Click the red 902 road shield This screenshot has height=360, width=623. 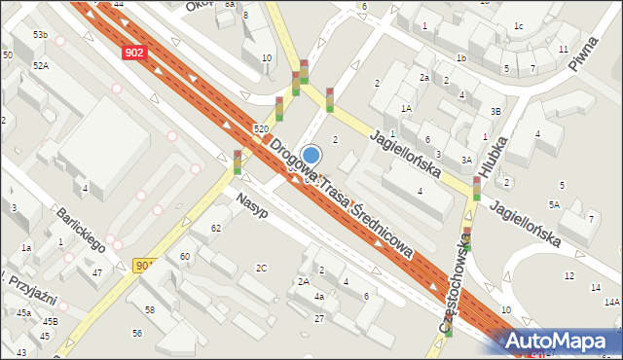point(136,55)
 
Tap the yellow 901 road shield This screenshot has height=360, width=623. point(143,265)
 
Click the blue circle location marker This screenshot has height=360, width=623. point(311,155)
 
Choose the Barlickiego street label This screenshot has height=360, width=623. point(80,230)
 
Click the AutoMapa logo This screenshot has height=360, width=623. point(558,341)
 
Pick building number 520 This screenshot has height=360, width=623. point(260,129)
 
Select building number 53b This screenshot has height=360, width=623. point(40,35)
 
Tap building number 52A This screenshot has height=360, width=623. point(40,65)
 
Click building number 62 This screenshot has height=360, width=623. point(216,228)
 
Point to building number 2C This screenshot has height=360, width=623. point(261,268)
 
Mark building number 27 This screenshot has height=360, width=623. point(319,318)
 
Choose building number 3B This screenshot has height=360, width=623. point(495,112)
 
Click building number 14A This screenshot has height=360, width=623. point(611,303)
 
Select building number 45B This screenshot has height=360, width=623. point(50,321)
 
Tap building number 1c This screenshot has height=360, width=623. point(519,25)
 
